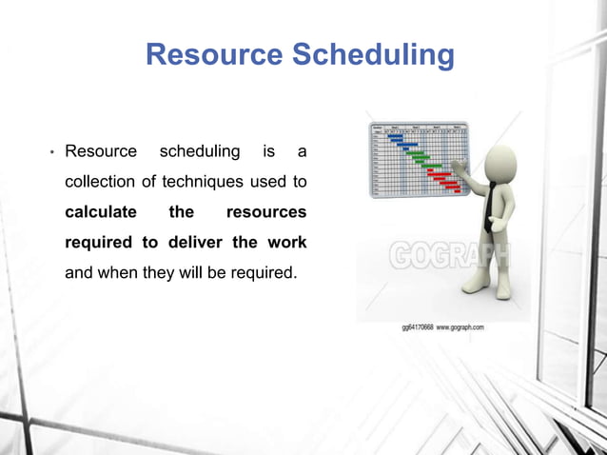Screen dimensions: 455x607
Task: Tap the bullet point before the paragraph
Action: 52,152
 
